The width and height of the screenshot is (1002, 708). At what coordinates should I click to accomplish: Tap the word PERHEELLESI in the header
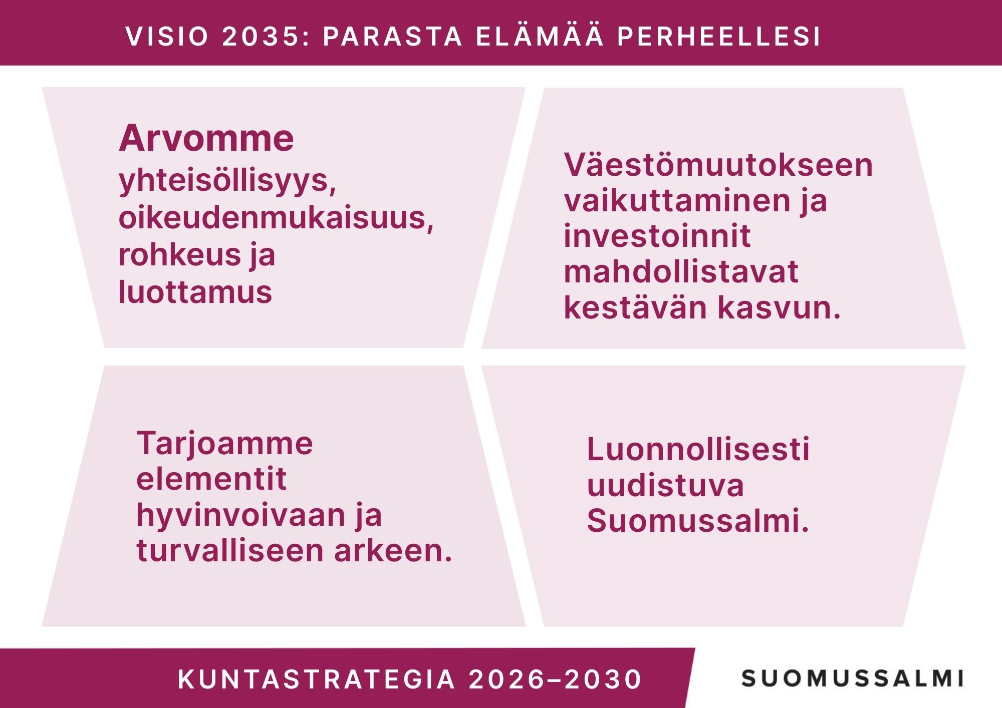pyautogui.click(x=719, y=37)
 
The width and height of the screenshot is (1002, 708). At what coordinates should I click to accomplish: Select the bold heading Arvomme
pyautogui.click(x=206, y=138)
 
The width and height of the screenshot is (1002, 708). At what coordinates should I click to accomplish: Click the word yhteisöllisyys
pyautogui.click(x=227, y=182)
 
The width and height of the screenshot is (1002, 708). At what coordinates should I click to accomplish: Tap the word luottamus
pyautogui.click(x=195, y=291)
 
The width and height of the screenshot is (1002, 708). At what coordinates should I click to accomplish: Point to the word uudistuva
pyautogui.click(x=665, y=485)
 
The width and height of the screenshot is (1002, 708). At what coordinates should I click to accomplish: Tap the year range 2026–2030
pyautogui.click(x=555, y=679)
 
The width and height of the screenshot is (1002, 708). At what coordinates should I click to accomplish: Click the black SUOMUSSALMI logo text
pyautogui.click(x=852, y=678)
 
